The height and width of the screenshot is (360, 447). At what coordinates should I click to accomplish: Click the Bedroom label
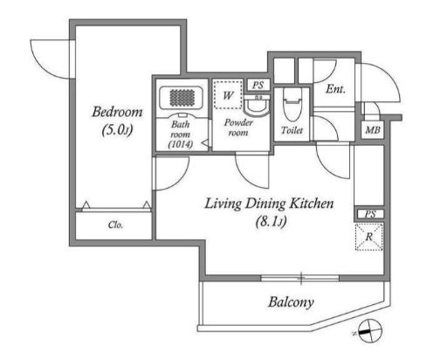117,112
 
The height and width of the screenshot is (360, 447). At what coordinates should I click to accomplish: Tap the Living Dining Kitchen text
269,204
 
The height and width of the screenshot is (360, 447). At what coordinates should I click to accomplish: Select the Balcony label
291,302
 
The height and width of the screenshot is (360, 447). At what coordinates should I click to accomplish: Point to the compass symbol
370,331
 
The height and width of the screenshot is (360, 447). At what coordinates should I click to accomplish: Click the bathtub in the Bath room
182,98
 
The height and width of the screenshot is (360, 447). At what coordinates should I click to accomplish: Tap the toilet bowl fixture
292,106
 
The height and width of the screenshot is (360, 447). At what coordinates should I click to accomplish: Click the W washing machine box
228,94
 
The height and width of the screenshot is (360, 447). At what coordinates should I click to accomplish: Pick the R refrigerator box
368,237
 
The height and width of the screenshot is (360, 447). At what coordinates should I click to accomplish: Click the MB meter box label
373,129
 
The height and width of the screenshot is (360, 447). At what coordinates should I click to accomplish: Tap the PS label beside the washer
258,85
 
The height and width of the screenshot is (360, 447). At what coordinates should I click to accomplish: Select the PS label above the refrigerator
370,214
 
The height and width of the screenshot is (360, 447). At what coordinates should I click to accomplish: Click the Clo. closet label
115,225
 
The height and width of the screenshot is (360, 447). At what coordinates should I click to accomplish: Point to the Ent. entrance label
335,89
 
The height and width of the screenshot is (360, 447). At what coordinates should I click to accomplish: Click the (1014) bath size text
181,144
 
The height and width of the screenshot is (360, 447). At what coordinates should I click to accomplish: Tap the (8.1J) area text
271,222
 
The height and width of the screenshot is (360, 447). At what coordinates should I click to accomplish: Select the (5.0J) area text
117,129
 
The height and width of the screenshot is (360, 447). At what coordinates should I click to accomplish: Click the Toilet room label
292,130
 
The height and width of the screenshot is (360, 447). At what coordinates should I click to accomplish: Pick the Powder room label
238,128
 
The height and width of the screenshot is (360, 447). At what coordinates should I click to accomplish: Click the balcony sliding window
300,278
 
